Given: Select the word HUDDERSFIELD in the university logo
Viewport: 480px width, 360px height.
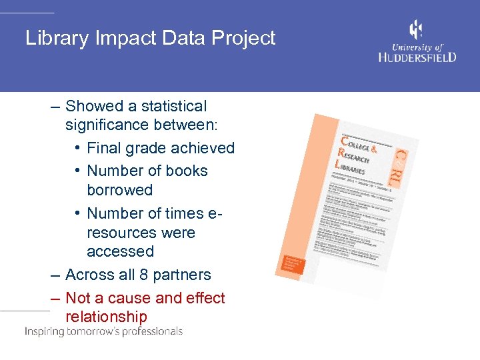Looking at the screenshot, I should tap(417, 57).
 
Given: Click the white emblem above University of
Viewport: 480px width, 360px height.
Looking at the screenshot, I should tap(416, 30).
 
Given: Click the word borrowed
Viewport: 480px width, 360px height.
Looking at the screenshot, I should tap(119, 190).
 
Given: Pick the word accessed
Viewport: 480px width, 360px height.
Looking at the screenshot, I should tap(120, 251).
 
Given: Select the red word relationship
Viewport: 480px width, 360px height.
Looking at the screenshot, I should tap(106, 317).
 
